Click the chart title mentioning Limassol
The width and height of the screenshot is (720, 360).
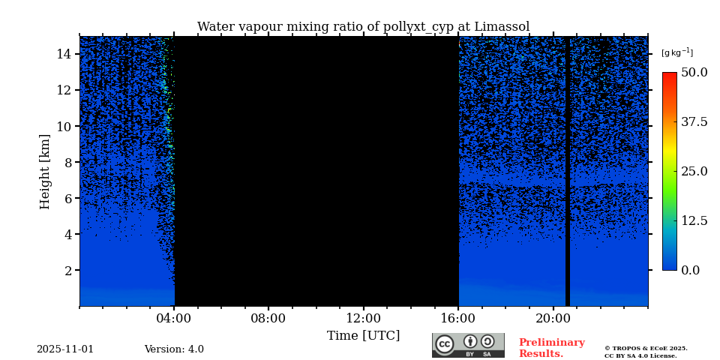pos(363,27)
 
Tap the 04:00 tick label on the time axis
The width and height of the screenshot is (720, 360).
pos(174,319)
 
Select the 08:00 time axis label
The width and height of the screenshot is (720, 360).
pos(268,319)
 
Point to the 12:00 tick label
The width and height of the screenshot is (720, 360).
pos(364,319)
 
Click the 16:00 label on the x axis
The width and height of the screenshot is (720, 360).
pos(458,319)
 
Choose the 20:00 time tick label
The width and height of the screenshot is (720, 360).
pos(553,319)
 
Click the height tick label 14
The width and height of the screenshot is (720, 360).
pos(63,54)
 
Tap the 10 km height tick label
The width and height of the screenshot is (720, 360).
pos(63,126)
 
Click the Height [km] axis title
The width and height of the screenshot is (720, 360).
pos(45,171)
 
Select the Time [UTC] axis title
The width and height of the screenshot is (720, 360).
pos(363,336)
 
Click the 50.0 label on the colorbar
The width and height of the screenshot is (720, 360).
pos(694,73)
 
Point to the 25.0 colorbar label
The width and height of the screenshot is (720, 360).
pos(694,171)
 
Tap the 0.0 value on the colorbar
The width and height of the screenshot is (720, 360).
pos(690,270)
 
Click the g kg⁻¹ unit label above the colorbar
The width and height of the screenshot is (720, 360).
pos(676,53)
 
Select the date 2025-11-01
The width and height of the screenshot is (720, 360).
pos(65,349)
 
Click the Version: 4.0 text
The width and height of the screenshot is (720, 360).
pos(174,349)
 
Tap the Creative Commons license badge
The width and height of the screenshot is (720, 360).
pos(468,345)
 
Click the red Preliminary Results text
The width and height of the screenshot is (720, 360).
pos(551,348)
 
